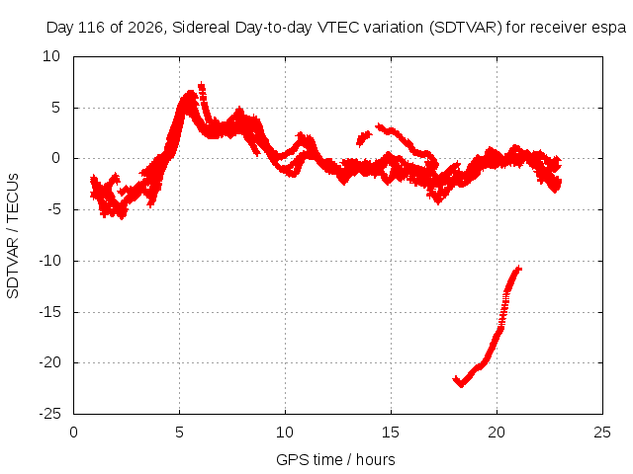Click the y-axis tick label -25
click(x=49, y=414)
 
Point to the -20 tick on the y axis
click(x=49, y=362)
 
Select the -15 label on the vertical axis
click(x=49, y=312)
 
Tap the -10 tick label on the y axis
click(x=49, y=261)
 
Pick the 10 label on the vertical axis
click(x=51, y=56)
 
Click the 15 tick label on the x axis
click(x=391, y=433)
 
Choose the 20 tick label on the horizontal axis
click(x=497, y=433)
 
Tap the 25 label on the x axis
click(x=602, y=433)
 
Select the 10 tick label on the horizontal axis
click(x=285, y=433)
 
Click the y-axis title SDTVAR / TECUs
click(x=13, y=236)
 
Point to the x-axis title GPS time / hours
click(x=335, y=460)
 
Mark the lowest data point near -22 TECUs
click(x=461, y=384)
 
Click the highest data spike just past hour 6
click(x=201, y=85)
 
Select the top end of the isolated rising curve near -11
click(x=519, y=269)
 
